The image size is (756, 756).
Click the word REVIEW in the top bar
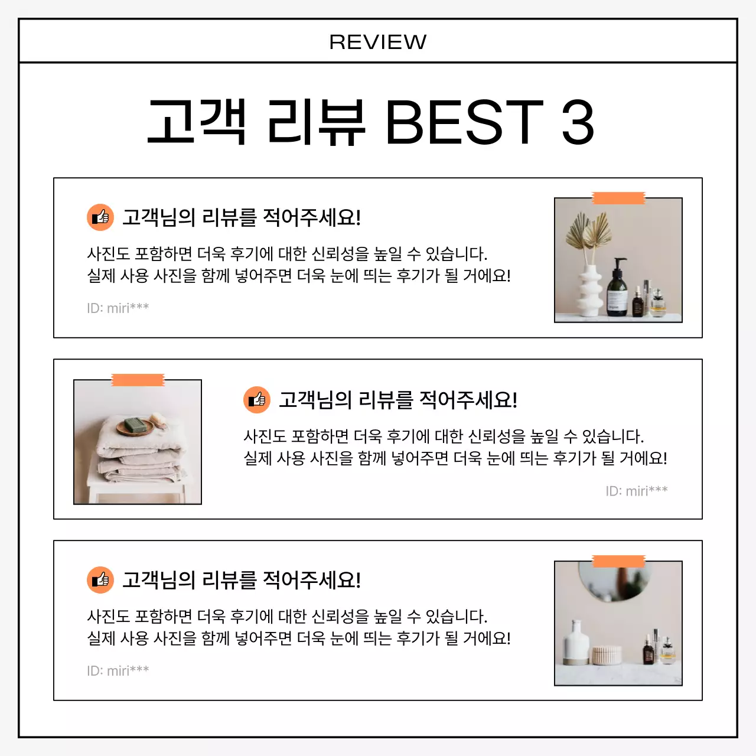click(377, 42)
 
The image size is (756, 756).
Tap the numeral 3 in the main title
click(577, 122)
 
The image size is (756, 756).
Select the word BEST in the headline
click(464, 122)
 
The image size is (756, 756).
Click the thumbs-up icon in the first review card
click(100, 217)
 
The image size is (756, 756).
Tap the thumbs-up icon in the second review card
click(257, 400)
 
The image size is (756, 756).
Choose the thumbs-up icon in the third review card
click(100, 580)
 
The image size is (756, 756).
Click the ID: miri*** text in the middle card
click(636, 491)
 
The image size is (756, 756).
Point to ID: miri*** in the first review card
click(118, 308)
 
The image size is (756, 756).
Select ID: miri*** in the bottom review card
click(118, 670)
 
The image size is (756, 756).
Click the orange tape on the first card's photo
click(618, 198)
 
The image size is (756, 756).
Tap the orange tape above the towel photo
click(138, 380)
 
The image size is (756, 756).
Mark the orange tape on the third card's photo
click(618, 561)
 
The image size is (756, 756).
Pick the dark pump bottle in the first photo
click(617, 289)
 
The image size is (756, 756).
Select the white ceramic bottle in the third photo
click(576, 644)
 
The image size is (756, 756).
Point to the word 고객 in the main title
click(197, 122)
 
